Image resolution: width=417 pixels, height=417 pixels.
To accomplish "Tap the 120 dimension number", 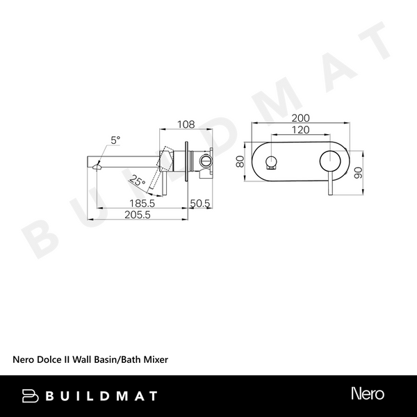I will pos(300,130).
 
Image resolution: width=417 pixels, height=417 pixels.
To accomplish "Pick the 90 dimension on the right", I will pos(359,172).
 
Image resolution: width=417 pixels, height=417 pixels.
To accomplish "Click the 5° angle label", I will pos(115,140).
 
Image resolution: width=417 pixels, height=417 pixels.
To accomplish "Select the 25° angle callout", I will pos(138,181).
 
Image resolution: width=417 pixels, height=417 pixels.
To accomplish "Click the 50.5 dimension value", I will pos(201,204).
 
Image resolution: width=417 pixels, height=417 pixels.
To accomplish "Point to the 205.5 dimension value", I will pos(138,215).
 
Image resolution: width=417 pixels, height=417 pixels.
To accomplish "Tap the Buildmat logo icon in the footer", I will pos(30,395).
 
